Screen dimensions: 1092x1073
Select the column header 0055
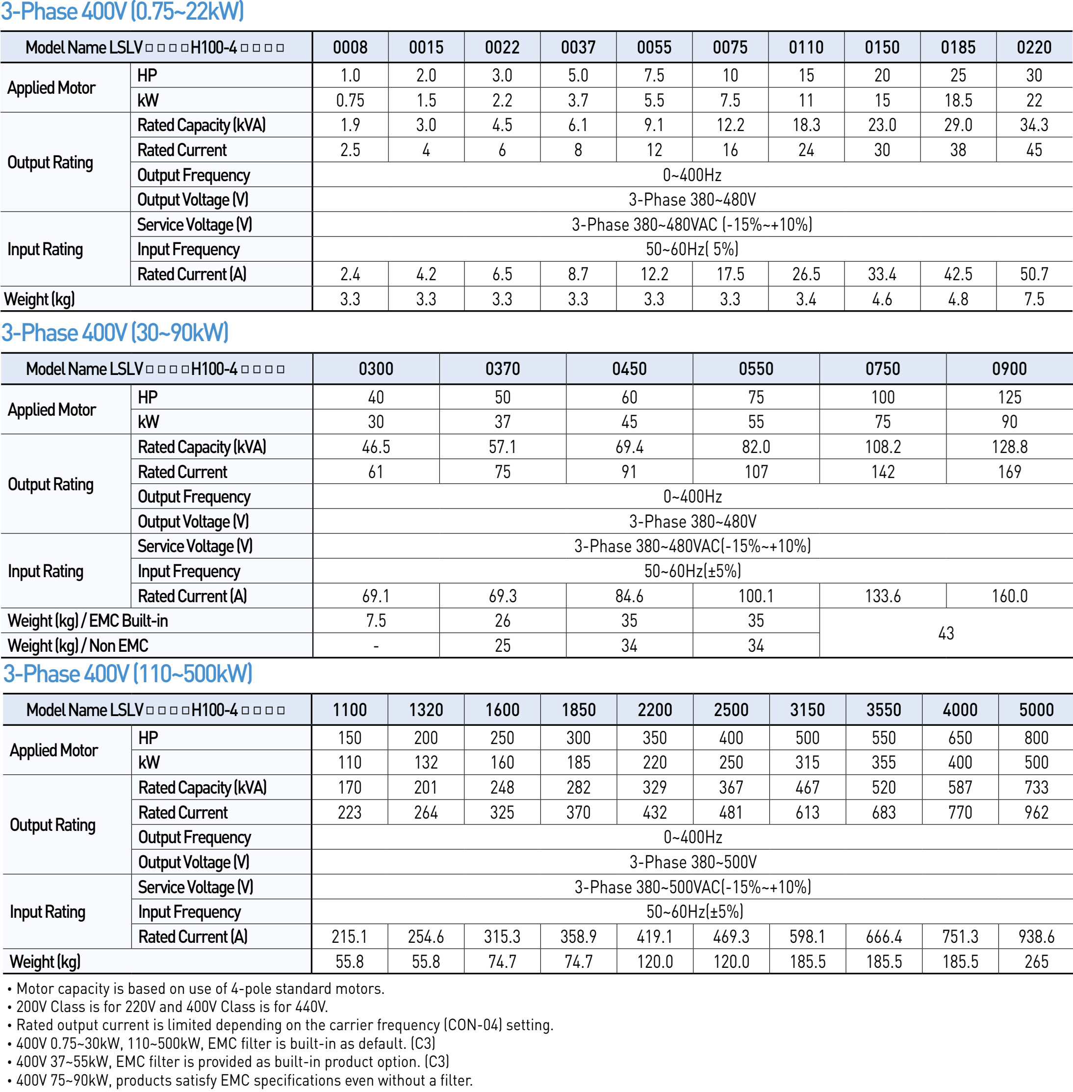(x=654, y=48)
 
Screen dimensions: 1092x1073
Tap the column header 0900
(x=1009, y=369)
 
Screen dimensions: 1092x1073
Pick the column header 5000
(x=1036, y=710)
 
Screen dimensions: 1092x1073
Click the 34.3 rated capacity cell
(x=1034, y=125)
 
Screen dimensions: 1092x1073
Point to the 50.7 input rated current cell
(x=1034, y=274)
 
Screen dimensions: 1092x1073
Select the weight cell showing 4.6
(x=882, y=299)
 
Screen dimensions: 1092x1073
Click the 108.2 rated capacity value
(x=883, y=447)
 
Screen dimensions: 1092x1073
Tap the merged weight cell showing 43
(x=945, y=633)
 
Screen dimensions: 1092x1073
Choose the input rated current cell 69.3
(x=502, y=596)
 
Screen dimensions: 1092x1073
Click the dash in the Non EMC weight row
(x=376, y=646)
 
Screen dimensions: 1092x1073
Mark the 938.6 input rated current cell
(x=1036, y=936)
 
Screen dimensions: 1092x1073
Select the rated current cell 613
(x=807, y=812)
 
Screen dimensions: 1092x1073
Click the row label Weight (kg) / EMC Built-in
(x=87, y=620)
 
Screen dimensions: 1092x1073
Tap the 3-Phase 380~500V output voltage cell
(x=692, y=862)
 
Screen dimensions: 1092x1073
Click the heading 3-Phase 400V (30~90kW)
(x=115, y=333)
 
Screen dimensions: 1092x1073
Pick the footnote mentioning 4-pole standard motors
(x=200, y=988)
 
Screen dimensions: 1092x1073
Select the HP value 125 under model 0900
(x=1009, y=397)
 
